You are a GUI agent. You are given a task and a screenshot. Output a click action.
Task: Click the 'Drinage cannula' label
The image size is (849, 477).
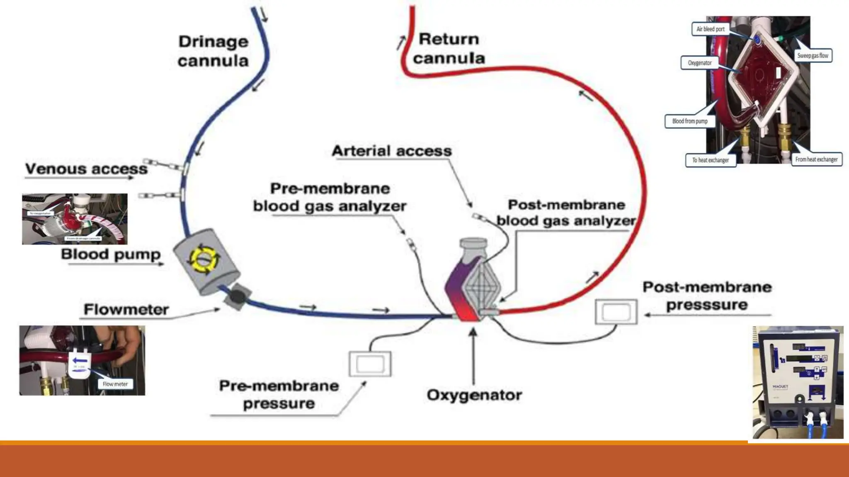point(213,51)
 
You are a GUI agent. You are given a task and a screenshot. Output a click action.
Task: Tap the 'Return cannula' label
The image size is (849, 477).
point(449,48)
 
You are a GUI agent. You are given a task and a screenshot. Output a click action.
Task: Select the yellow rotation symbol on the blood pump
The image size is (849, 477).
point(204,259)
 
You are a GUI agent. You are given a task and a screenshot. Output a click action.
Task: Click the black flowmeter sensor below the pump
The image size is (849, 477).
point(237,296)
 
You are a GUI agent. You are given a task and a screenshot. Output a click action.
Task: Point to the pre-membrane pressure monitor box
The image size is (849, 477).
point(370,364)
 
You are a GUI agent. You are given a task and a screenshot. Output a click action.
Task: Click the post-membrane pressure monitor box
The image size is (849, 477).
point(616,312)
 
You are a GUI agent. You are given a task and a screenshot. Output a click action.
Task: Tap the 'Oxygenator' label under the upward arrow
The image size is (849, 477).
point(474,395)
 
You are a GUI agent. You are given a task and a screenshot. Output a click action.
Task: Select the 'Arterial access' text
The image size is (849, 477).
point(392,151)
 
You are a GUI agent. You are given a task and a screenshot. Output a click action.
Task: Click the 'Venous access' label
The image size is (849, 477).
point(86,169)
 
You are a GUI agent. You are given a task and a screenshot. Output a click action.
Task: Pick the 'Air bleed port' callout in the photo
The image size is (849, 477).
point(710,29)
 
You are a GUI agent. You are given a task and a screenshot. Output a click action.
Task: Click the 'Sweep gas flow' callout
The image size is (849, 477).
point(813,55)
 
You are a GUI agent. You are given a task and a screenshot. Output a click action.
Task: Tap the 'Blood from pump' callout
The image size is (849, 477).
point(690,121)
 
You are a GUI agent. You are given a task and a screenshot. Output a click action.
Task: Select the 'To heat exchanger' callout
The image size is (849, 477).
point(711,160)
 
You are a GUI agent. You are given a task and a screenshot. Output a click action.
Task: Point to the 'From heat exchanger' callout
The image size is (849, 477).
point(816,159)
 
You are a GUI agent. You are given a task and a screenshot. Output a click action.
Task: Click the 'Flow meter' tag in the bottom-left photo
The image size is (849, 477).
point(115,384)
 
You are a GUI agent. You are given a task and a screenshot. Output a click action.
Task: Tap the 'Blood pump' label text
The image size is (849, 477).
point(111,254)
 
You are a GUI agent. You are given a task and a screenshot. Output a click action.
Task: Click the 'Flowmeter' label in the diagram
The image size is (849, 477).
point(126,310)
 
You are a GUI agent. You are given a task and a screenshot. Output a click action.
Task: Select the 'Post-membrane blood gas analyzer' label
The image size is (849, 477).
point(566,213)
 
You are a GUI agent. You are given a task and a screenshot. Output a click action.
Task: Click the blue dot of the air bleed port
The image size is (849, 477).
point(757,40)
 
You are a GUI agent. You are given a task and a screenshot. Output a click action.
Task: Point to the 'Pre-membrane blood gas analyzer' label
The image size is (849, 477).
point(330,198)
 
